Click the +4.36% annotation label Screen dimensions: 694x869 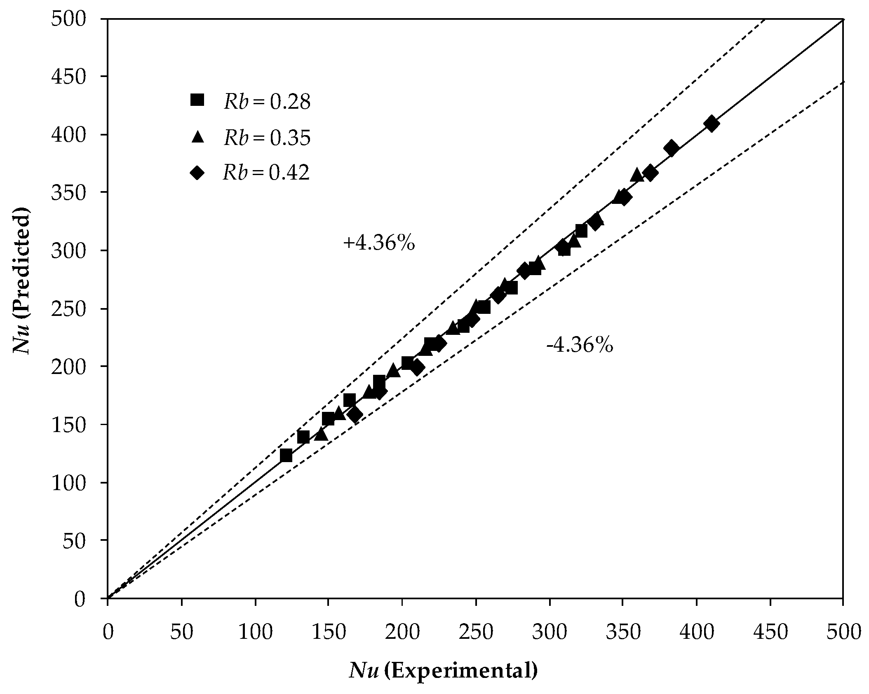coord(378,244)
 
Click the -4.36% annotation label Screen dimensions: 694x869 coord(579,346)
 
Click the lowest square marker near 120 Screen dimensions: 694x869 coord(286,456)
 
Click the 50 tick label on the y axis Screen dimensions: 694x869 coord(73,540)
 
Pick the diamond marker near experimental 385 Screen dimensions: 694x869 coord(671,148)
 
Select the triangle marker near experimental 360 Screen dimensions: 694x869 coord(636,175)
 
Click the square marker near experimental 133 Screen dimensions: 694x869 coord(303,437)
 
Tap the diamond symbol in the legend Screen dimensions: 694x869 coord(197,173)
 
